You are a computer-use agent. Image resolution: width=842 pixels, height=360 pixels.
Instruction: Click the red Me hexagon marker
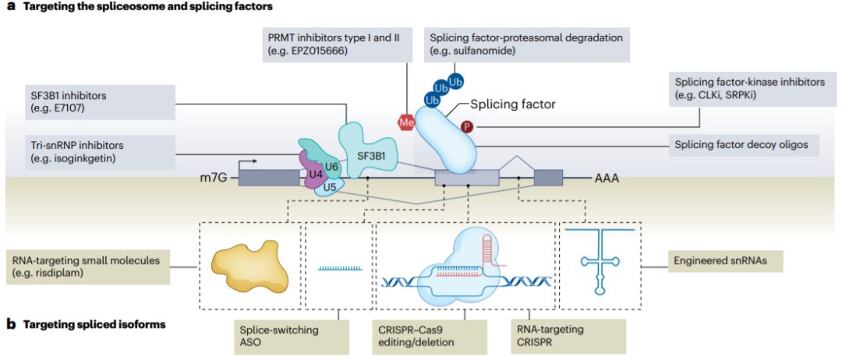point(405,122)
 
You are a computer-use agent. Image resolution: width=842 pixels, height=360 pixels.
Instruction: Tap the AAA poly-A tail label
point(608,178)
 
